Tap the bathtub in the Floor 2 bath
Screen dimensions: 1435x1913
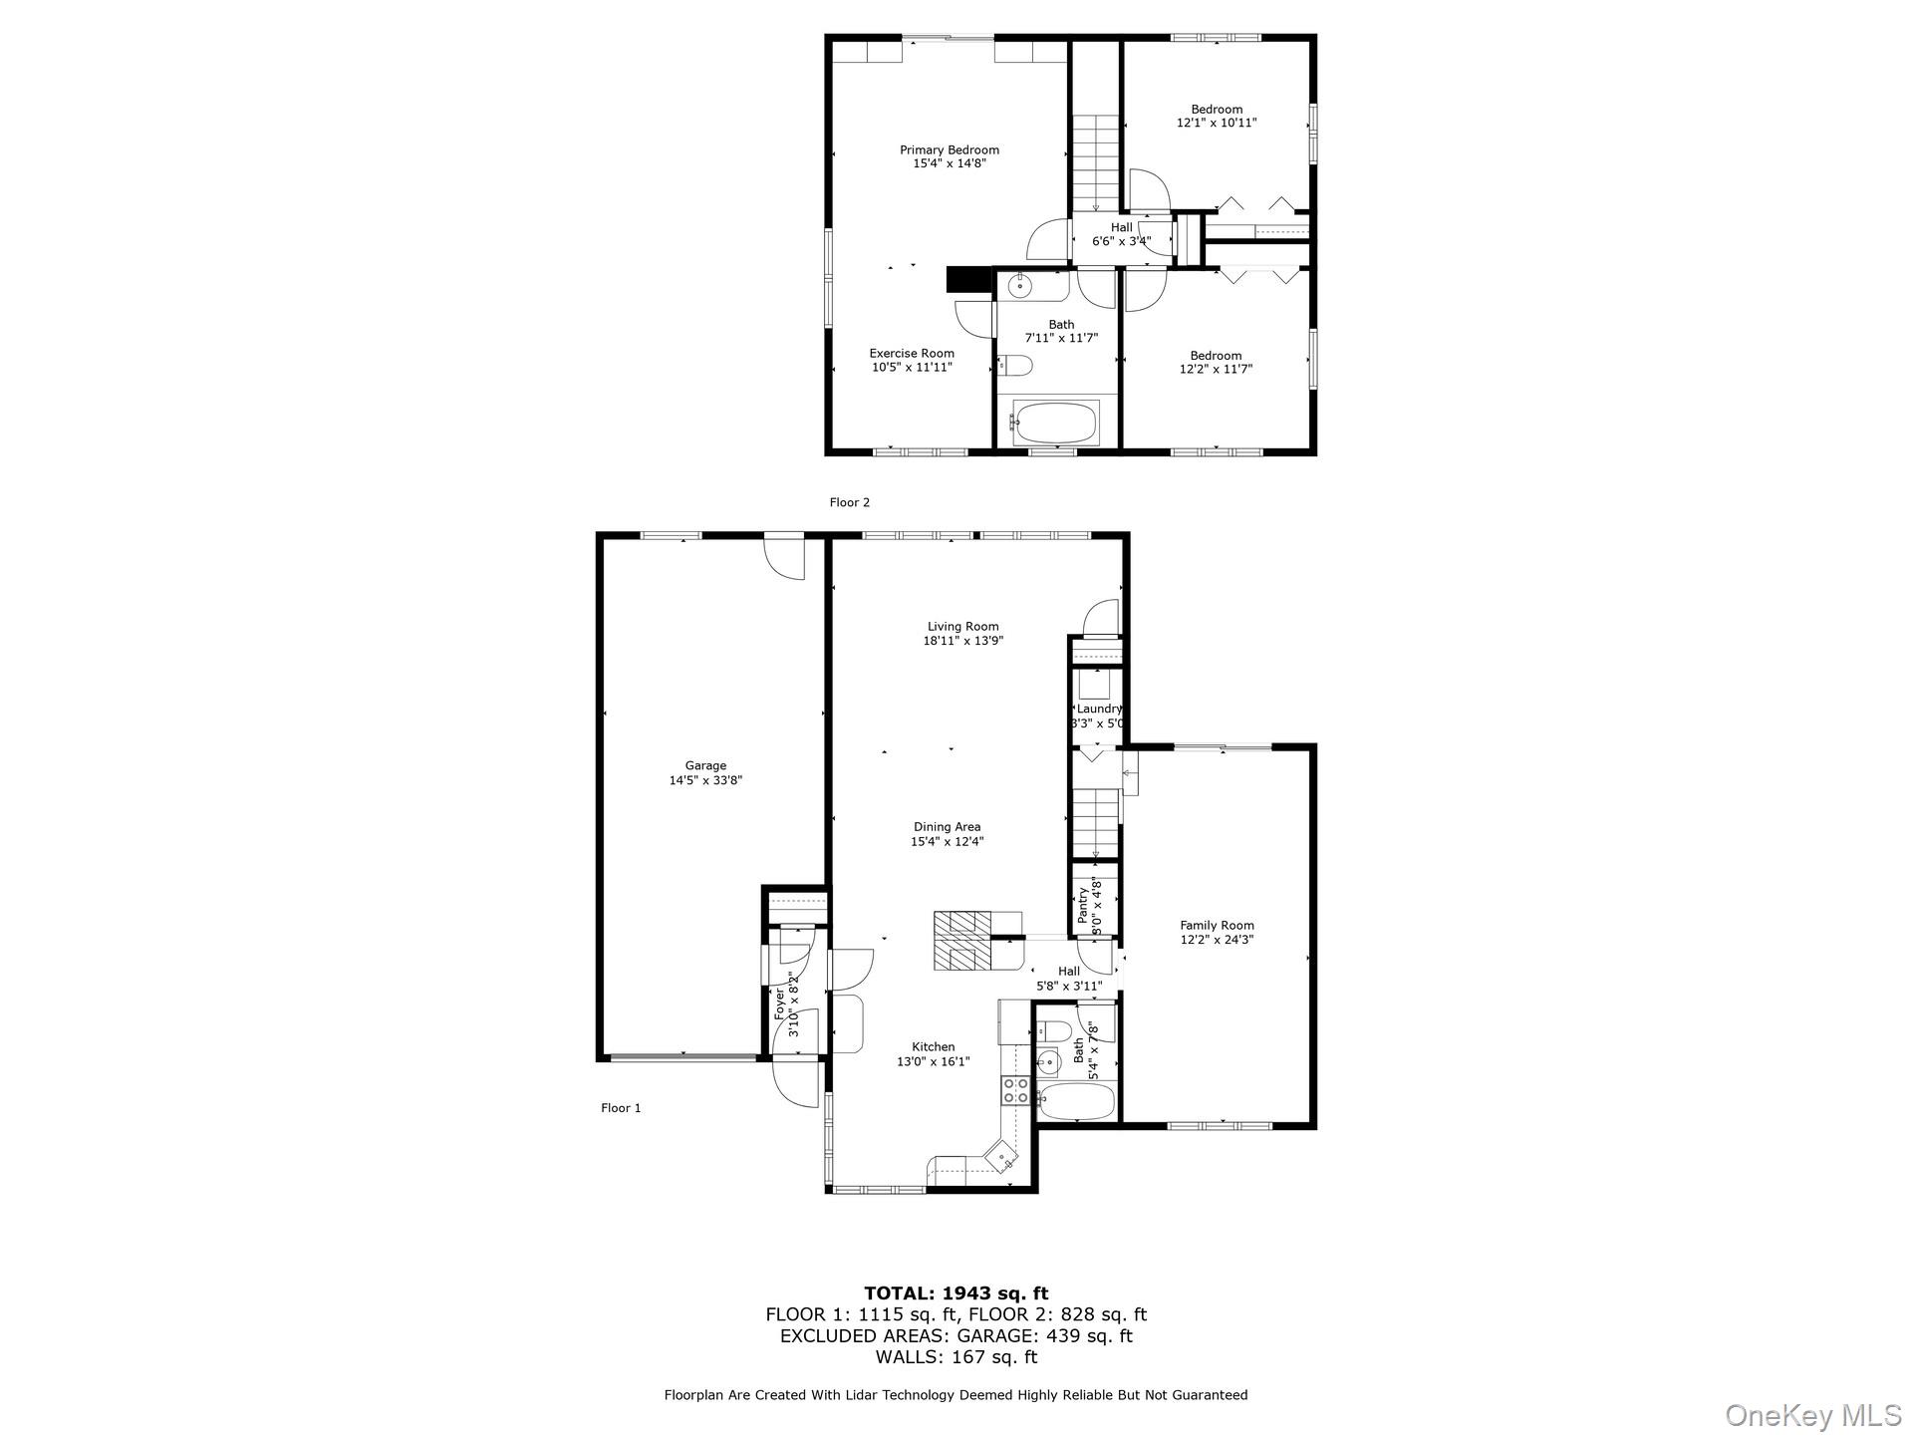1055,423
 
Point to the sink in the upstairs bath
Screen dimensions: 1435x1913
1021,286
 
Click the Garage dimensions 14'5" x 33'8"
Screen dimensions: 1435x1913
704,781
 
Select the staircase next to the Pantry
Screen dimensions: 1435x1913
1096,823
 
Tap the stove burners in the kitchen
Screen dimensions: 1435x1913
1015,1090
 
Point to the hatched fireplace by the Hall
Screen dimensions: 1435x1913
962,941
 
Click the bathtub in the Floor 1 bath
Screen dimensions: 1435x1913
1076,1103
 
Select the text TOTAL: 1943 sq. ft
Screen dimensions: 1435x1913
956,1293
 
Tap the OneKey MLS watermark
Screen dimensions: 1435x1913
1812,1415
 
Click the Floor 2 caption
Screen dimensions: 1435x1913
849,502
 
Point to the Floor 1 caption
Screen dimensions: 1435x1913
621,1107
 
